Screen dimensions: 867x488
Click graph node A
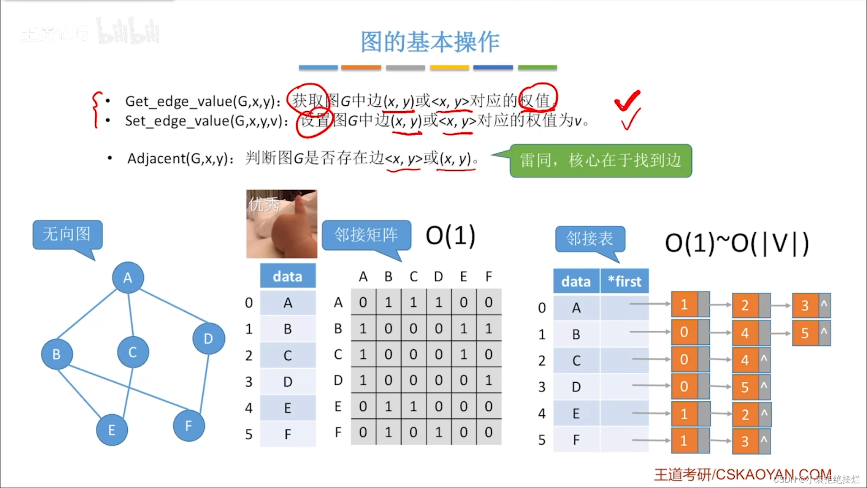click(x=128, y=277)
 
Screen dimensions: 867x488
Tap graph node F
click(x=189, y=425)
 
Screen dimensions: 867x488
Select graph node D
click(x=208, y=338)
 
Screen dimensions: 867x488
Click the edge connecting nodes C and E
click(x=128, y=391)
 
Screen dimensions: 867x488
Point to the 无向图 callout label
click(x=67, y=234)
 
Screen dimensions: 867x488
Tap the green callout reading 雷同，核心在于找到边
click(x=601, y=160)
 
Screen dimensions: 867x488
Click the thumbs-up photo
click(x=282, y=224)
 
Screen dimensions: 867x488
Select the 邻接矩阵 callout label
click(x=366, y=235)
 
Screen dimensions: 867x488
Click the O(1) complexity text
click(x=451, y=235)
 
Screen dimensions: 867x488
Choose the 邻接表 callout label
click(x=590, y=238)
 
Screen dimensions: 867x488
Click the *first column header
click(x=625, y=281)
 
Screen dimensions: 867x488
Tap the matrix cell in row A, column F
click(x=489, y=302)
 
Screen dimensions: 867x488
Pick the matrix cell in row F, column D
click(x=438, y=432)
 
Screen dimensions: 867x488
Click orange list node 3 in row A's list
click(x=805, y=305)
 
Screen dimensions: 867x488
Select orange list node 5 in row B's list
click(x=805, y=333)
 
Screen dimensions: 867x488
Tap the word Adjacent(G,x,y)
click(x=177, y=159)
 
